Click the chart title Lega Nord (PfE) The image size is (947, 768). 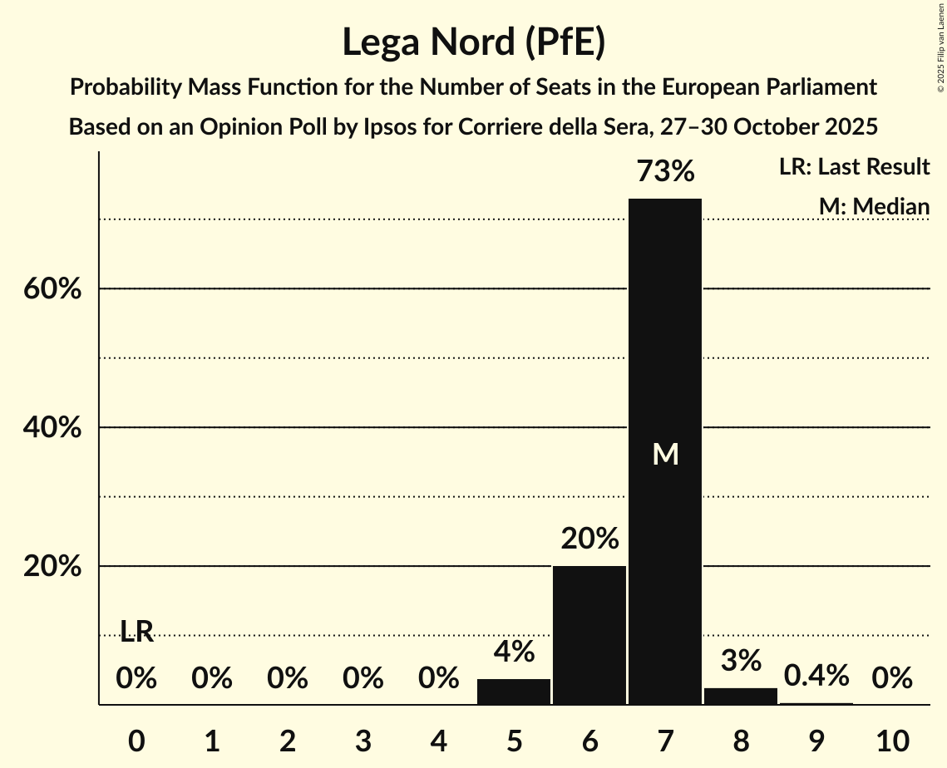click(473, 42)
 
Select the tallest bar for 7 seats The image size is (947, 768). click(665, 451)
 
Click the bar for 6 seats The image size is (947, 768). click(589, 635)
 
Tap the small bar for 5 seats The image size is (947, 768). click(514, 692)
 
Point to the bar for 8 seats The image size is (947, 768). click(741, 696)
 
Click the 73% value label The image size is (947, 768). click(665, 172)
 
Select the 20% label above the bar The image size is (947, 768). click(589, 539)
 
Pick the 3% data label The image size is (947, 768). click(741, 661)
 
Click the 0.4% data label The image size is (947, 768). click(816, 676)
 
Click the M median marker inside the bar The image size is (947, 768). click(665, 454)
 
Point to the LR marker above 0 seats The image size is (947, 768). click(137, 632)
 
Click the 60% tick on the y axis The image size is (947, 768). click(57, 289)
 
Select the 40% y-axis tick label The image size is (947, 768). click(57, 428)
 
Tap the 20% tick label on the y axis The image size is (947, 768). click(57, 567)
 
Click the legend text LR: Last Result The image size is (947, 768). click(855, 167)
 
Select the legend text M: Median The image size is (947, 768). click(874, 206)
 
